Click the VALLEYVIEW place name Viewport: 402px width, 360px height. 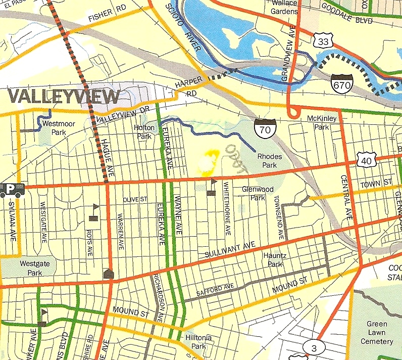pyautogui.click(x=64, y=96)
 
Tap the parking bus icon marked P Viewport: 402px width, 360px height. pyautogui.click(x=11, y=189)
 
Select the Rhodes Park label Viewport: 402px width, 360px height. pyautogui.click(x=270, y=161)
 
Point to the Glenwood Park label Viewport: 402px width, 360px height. pyautogui.click(x=258, y=193)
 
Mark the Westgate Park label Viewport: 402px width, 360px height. pyautogui.click(x=31, y=267)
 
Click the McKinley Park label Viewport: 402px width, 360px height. pyautogui.click(x=318, y=123)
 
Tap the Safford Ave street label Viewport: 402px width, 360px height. pyautogui.click(x=215, y=291)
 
